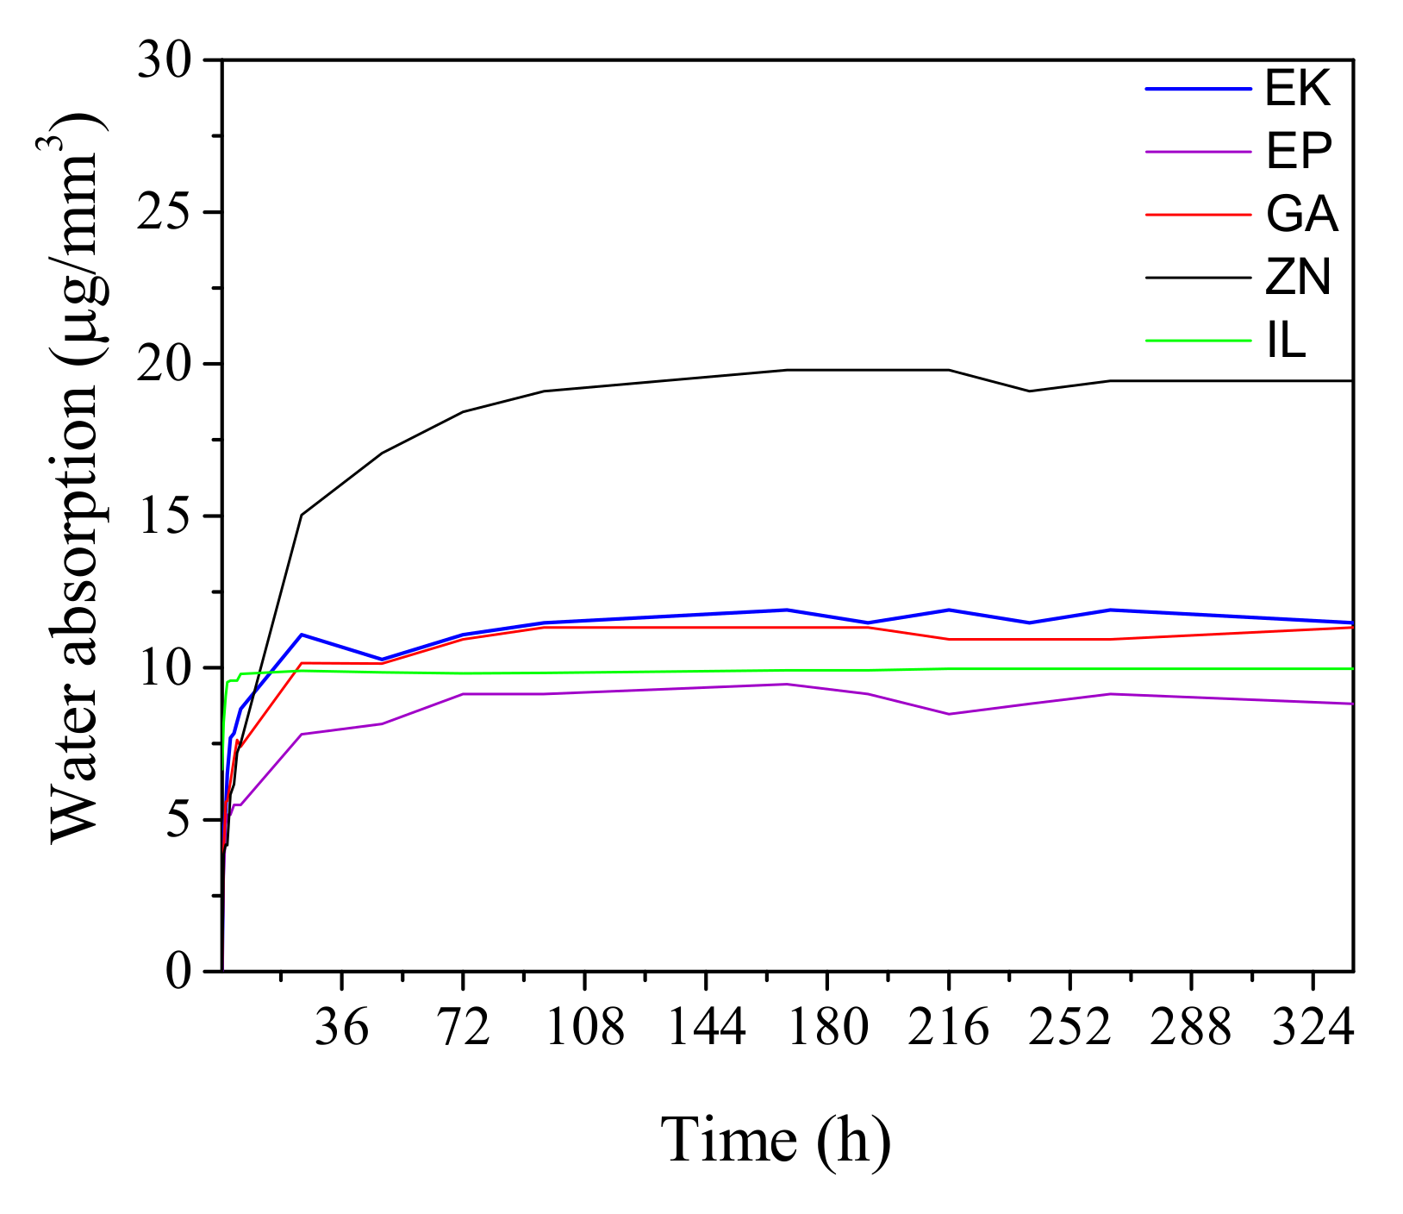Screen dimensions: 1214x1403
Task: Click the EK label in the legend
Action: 1298,88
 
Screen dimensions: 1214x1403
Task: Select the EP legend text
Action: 1299,152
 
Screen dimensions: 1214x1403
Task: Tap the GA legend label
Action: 1301,214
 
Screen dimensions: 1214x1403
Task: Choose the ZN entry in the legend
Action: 1298,278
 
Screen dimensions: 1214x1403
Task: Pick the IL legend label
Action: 1286,341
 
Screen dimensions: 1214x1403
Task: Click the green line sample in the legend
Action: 1198,341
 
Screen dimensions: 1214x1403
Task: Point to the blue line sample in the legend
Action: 1198,89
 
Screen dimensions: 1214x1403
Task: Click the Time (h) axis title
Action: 776,1140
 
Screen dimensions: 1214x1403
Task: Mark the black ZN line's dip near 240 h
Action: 1029,391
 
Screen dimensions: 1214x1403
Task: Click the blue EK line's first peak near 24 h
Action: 301,635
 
